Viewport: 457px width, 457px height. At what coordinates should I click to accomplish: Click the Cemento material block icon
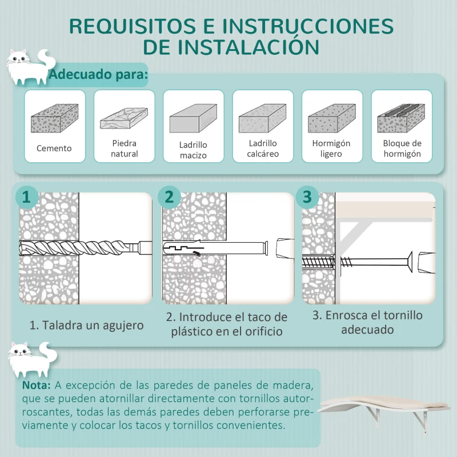pyautogui.click(x=54, y=118)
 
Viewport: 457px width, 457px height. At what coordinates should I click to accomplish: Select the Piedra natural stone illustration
pyautogui.click(x=124, y=118)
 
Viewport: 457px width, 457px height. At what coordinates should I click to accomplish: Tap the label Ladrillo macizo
pyautogui.click(x=193, y=150)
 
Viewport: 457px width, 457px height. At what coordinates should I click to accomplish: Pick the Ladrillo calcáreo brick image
pyautogui.click(x=262, y=118)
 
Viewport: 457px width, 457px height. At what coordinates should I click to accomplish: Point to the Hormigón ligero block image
pyautogui.click(x=331, y=118)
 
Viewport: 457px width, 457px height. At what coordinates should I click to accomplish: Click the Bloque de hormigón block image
pyautogui.click(x=402, y=118)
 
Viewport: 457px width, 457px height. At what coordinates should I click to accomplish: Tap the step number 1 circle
pyautogui.click(x=26, y=197)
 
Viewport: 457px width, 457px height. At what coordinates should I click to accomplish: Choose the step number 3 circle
pyautogui.click(x=308, y=197)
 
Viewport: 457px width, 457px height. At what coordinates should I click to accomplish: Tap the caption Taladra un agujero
pyautogui.click(x=86, y=326)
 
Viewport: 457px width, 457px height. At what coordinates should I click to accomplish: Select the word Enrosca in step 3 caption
pyautogui.click(x=352, y=315)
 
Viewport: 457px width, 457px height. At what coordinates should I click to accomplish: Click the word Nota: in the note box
pyautogui.click(x=37, y=386)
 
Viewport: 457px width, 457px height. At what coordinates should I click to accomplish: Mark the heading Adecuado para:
pyautogui.click(x=98, y=74)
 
